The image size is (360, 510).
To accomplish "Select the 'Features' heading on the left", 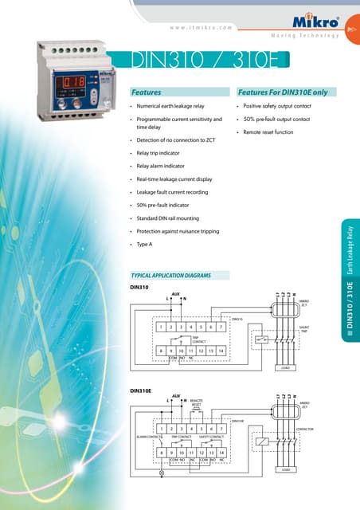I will tap(147, 92).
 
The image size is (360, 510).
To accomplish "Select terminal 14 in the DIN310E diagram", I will tap(221, 453).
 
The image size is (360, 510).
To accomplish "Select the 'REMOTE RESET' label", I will tap(196, 403).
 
